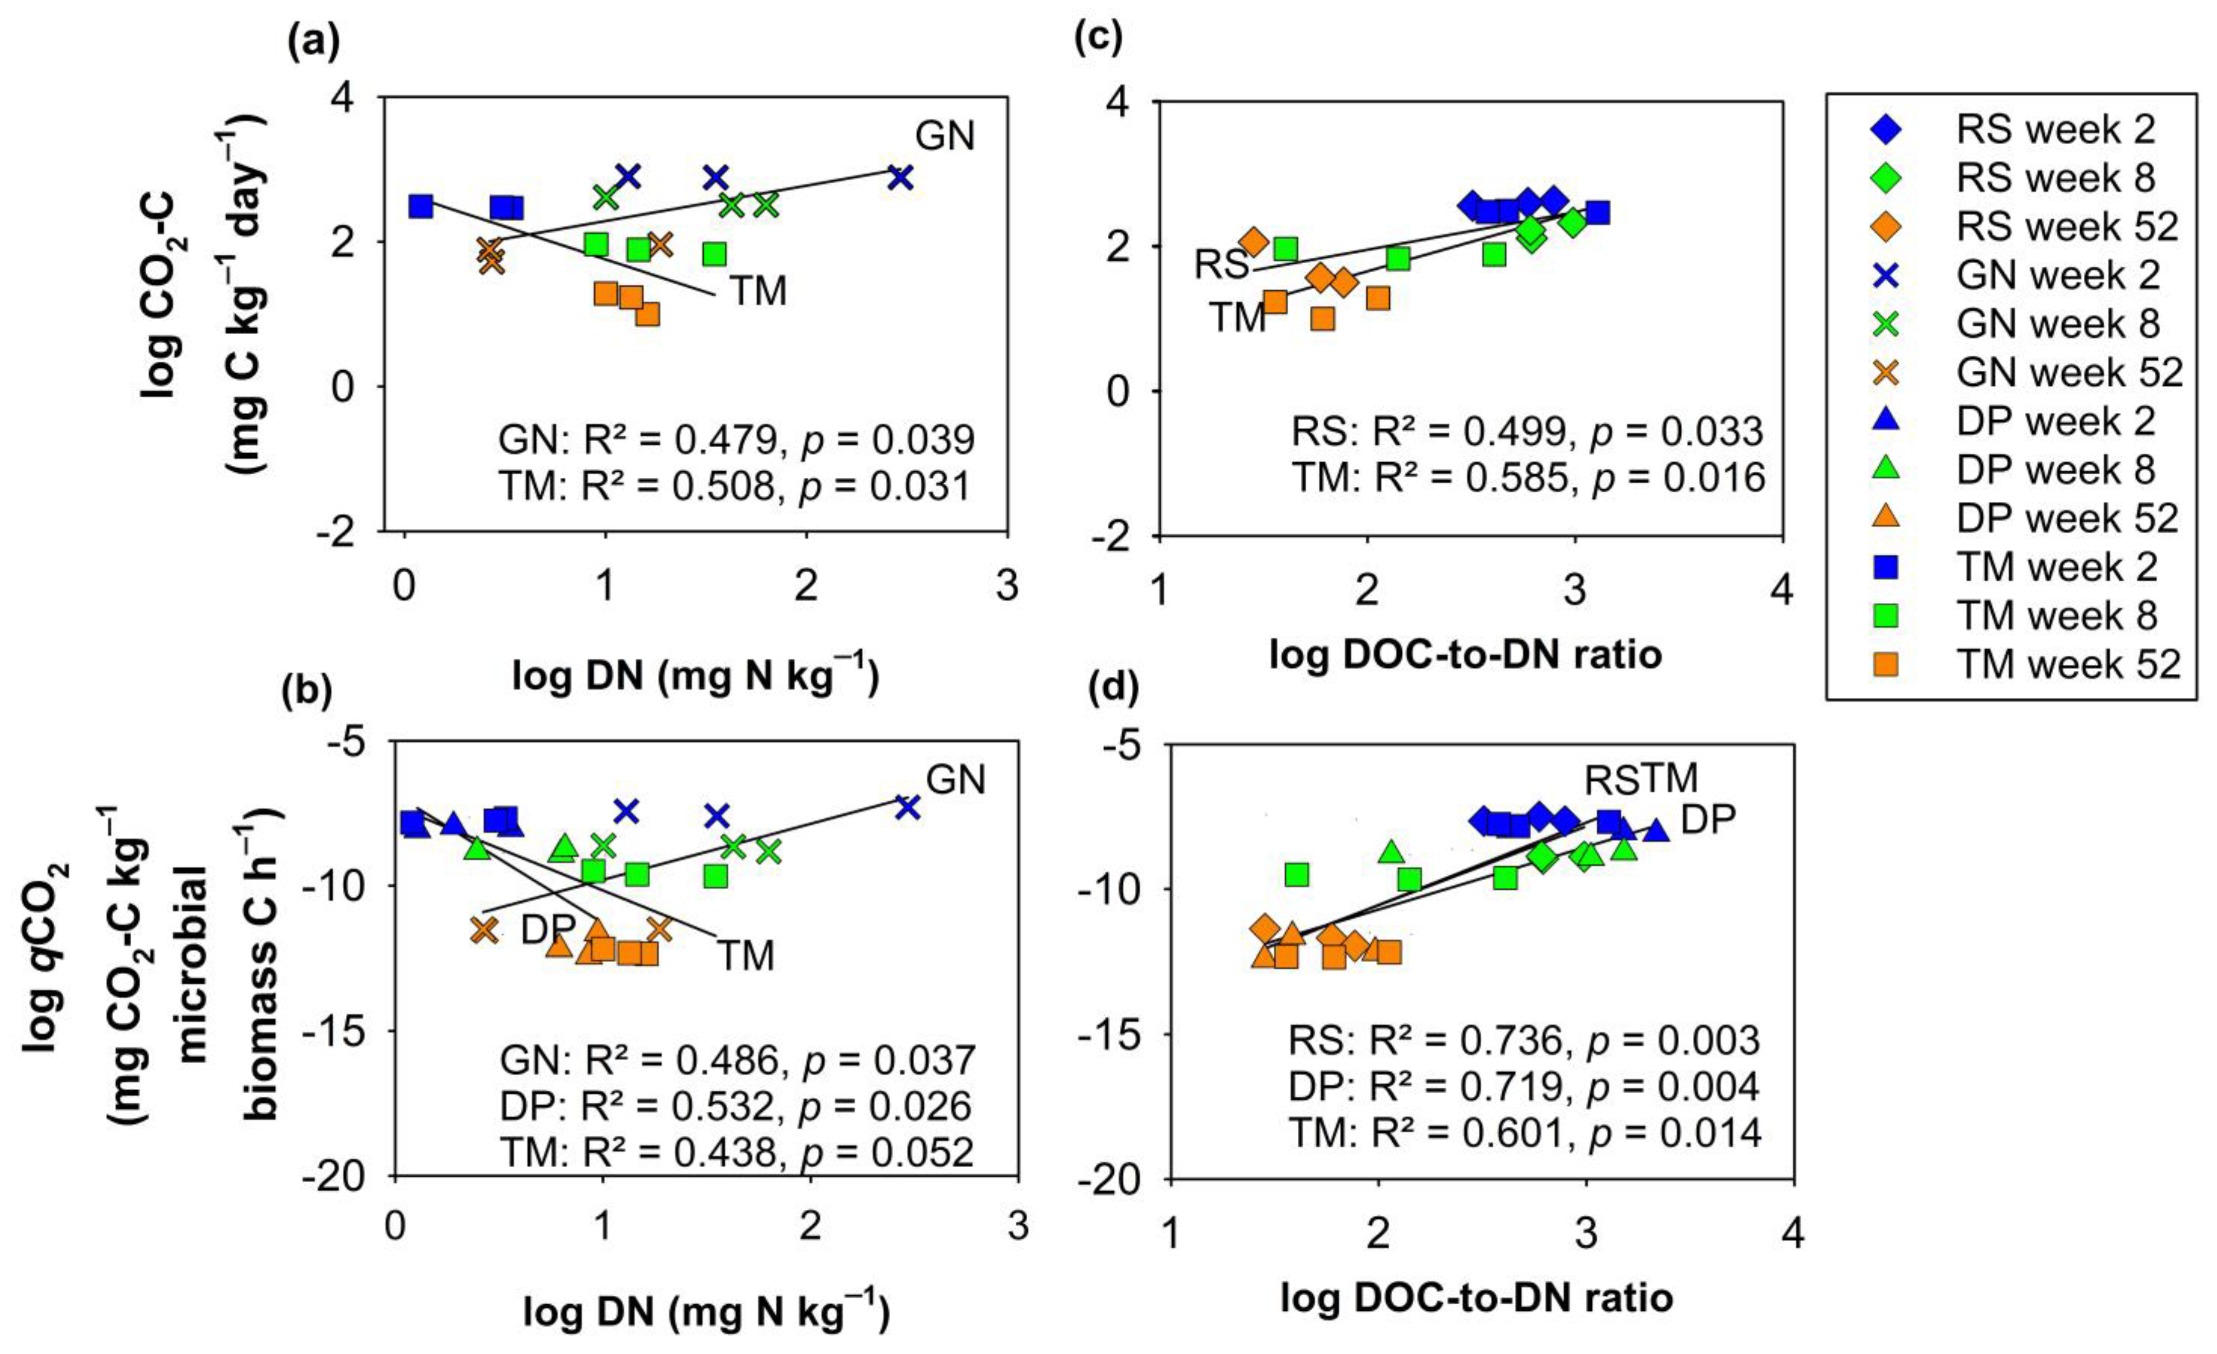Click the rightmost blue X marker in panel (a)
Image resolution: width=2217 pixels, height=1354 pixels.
(x=900, y=177)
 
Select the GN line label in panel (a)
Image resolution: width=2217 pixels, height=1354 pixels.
(x=945, y=136)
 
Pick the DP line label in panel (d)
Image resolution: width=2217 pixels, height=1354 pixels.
(x=1708, y=819)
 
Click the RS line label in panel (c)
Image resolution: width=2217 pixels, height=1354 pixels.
(x=1221, y=264)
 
